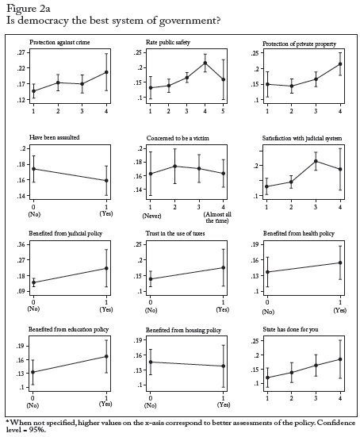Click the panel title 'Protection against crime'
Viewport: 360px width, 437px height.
(x=59, y=42)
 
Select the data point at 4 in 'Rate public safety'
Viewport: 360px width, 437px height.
(x=205, y=63)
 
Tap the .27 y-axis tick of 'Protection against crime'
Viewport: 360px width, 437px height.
(x=21, y=52)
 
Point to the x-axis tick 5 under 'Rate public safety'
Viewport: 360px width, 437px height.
(x=223, y=111)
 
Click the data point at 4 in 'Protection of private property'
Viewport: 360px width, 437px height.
(x=340, y=64)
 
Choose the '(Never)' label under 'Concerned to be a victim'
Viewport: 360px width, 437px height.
(x=152, y=216)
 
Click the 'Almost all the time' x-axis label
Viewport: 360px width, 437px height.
(x=217, y=217)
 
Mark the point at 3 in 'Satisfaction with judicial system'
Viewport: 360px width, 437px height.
(x=316, y=161)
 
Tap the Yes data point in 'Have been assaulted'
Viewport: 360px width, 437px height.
(x=106, y=181)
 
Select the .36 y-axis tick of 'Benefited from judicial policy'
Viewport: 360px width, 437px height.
(x=21, y=244)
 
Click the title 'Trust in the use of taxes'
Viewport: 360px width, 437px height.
(x=175, y=233)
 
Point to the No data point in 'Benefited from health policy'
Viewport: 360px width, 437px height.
(x=267, y=272)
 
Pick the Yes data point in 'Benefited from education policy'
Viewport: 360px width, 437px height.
(x=106, y=356)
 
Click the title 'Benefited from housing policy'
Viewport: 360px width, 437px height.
(x=184, y=330)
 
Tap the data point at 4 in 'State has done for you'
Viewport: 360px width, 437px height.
(x=340, y=359)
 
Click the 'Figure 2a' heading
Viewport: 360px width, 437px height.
(x=28, y=9)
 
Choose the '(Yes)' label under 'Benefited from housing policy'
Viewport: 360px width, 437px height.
(x=224, y=404)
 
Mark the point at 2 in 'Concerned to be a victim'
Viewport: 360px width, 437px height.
(x=174, y=166)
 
